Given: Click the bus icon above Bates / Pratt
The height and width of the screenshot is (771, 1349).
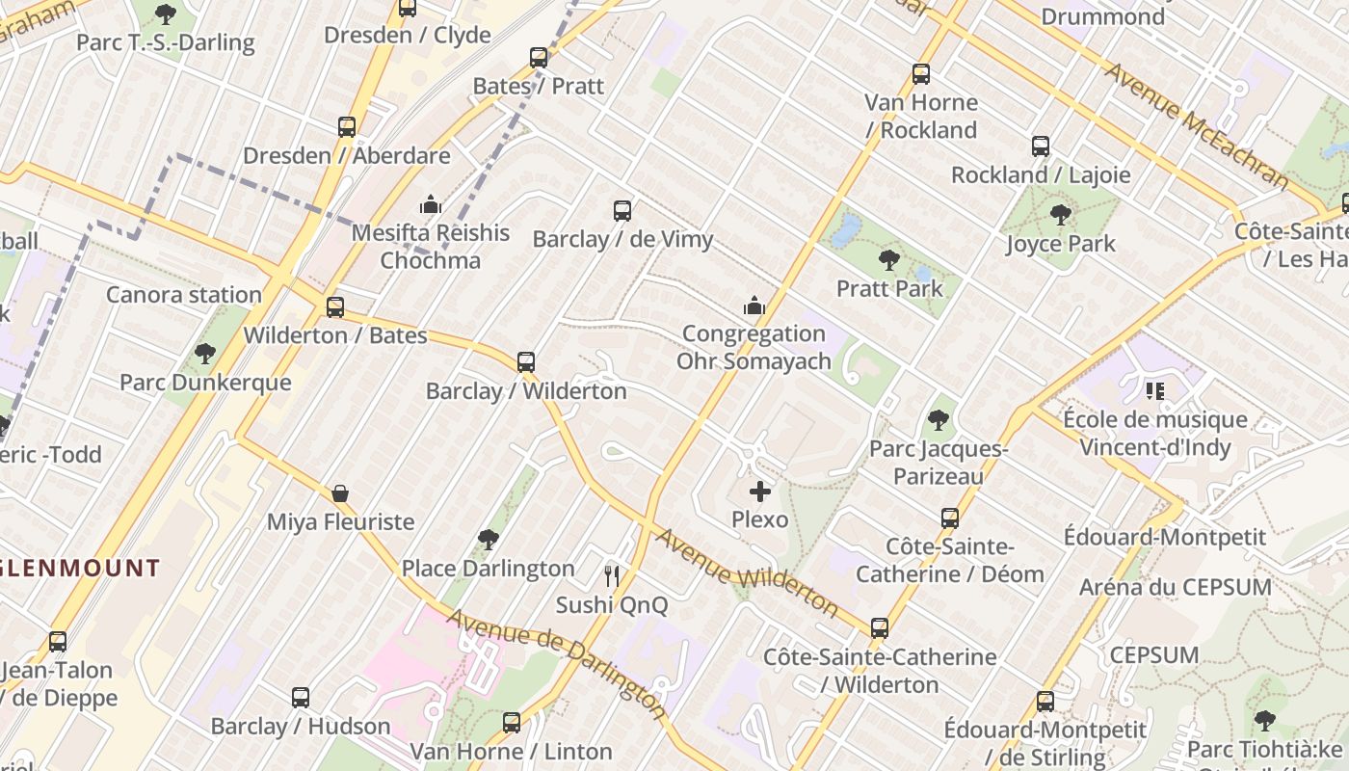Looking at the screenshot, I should (x=539, y=58).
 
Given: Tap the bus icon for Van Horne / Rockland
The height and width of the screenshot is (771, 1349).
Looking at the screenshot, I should (x=921, y=74).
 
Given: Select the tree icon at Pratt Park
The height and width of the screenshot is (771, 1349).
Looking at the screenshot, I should (x=889, y=259).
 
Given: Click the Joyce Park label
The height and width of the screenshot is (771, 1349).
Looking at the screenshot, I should (x=1061, y=244).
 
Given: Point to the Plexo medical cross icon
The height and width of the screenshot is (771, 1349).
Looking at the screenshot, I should (x=760, y=492).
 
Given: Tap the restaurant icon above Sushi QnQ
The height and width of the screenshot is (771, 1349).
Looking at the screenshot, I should (x=612, y=576).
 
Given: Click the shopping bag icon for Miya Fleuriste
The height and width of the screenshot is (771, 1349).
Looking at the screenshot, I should (x=340, y=493).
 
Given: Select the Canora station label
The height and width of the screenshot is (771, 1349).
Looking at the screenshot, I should (x=184, y=295).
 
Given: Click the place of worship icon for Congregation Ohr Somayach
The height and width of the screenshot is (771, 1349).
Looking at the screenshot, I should (x=754, y=306).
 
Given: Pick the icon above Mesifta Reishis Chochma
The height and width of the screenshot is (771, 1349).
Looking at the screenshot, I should (x=430, y=204).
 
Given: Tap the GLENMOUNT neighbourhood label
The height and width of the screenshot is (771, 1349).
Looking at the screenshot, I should (x=80, y=567).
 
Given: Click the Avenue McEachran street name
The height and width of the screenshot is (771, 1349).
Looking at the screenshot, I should (x=1196, y=125).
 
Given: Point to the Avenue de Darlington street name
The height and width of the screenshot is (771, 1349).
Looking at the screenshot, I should (x=557, y=663).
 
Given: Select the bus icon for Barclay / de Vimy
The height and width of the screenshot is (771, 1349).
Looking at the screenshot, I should (x=622, y=210).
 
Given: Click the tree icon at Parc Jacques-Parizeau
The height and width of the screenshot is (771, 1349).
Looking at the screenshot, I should (x=939, y=420).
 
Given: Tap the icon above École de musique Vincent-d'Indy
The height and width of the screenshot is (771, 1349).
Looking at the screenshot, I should (x=1154, y=391).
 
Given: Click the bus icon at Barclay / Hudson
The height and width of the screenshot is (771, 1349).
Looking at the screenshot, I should (x=301, y=697).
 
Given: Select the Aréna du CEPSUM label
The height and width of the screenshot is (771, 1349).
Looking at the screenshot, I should (x=1175, y=587).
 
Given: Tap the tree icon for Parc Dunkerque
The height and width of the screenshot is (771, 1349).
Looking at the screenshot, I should (x=204, y=354).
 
